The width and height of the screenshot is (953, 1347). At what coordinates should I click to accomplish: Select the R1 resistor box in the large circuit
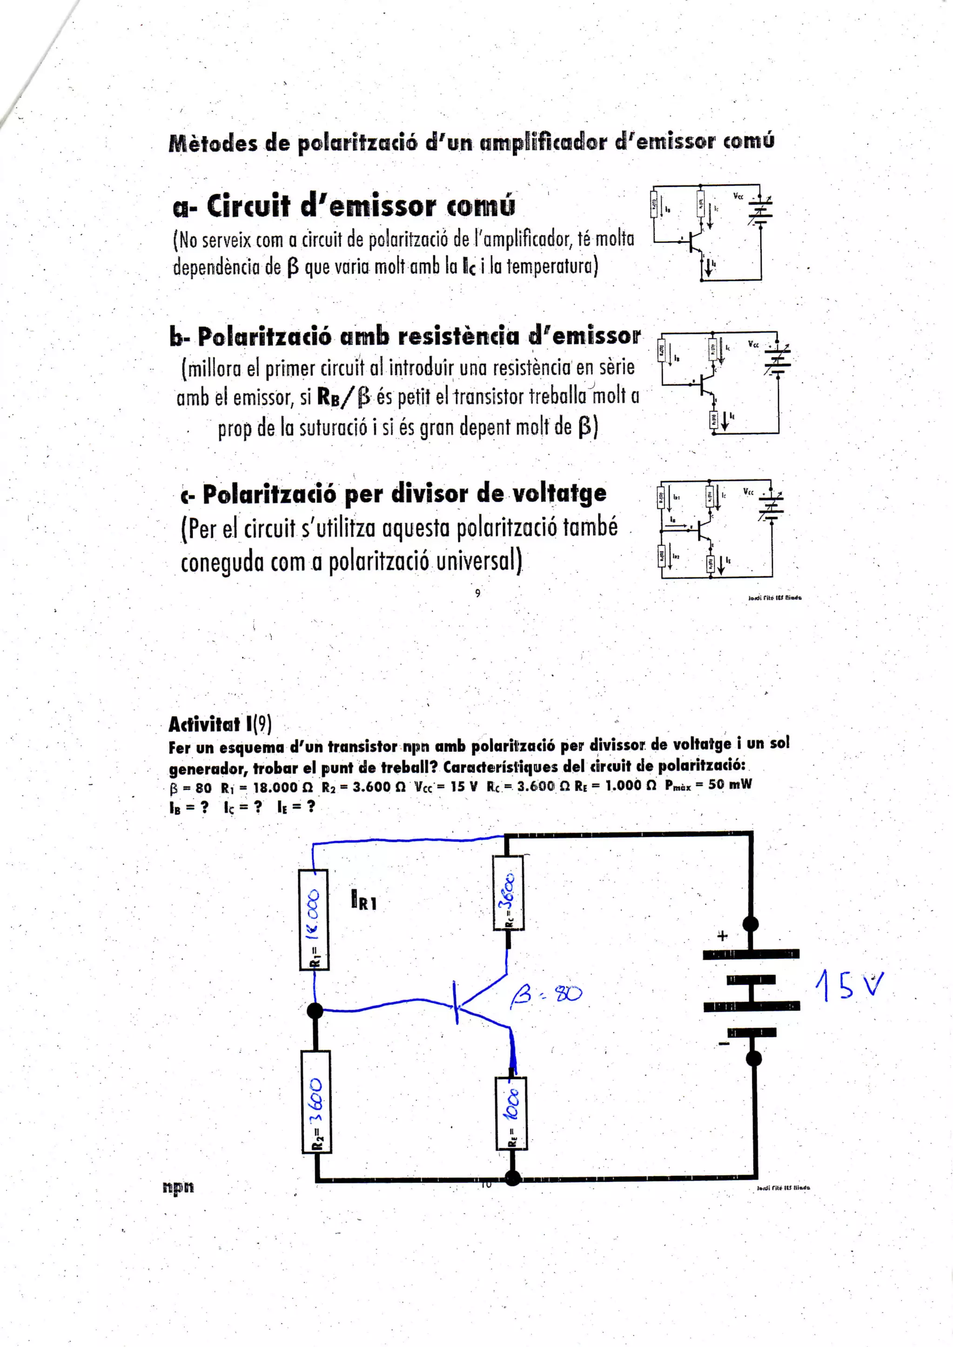coord(314,919)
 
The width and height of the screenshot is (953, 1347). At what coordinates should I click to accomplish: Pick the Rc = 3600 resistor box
coord(508,893)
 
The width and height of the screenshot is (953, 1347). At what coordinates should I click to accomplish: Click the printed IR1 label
coord(364,900)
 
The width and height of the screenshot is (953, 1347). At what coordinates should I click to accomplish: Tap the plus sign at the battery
coord(722,936)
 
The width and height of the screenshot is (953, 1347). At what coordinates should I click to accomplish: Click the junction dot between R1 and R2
coord(315,1010)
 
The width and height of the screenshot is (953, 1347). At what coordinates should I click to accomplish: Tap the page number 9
coord(478,593)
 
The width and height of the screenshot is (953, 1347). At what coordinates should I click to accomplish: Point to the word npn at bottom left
coord(178,1186)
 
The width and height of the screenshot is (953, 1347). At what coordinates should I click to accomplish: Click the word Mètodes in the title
coord(213,144)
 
